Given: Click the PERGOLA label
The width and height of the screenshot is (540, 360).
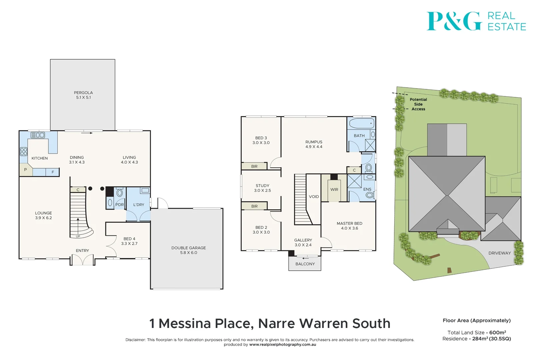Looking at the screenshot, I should coord(83,93).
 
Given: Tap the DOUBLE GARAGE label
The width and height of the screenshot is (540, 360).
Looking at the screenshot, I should coord(188,248).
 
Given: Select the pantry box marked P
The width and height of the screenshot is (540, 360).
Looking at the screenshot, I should coord(25,170).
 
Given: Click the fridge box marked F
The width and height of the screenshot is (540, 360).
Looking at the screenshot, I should coord(53,172).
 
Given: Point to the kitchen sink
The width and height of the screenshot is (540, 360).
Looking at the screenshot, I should coord(38,135).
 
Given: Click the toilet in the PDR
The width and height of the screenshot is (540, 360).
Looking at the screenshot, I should coord(119,193).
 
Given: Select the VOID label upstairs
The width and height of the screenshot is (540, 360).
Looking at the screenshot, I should coord(314,197).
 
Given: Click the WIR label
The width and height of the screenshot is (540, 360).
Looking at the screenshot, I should coord(334,190).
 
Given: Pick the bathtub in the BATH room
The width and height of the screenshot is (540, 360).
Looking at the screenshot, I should coord(362,124).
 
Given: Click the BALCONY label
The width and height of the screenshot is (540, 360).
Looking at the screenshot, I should coord(305,264).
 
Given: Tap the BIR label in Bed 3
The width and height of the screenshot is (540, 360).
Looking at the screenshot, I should coord(254,166).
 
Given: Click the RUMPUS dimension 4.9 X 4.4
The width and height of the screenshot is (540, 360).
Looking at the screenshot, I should coord(314,147).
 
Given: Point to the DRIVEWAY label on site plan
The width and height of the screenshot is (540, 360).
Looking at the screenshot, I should coord(499,253).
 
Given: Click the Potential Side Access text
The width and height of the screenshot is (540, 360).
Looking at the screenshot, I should coord(418,104).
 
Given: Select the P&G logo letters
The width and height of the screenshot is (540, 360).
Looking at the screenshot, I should coord(454,21).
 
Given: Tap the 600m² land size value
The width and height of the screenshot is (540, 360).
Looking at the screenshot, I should coord(497,333).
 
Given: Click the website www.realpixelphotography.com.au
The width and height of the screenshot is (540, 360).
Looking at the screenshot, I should coord(282,345).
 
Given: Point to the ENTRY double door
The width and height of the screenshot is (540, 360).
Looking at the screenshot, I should coord(82,260).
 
